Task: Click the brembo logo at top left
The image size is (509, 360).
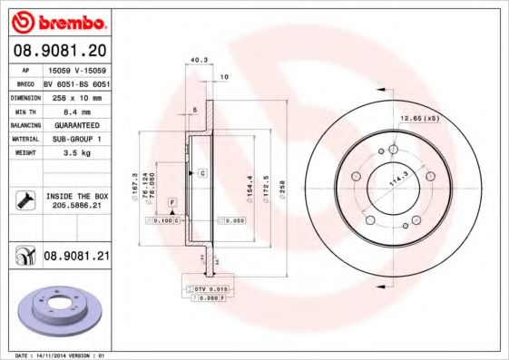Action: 57,21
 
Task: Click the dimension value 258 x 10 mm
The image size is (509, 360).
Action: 76,95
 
